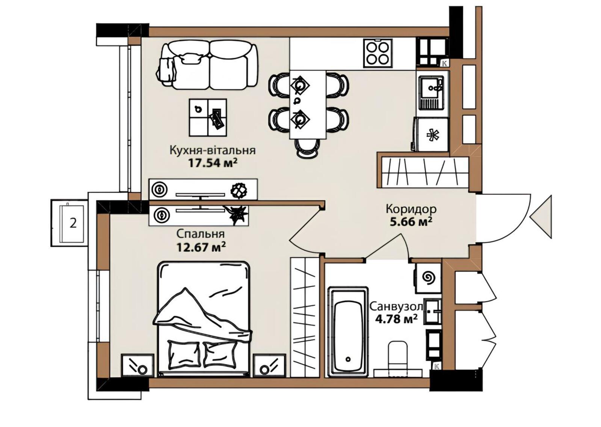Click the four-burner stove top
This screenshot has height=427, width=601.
pyautogui.click(x=378, y=53)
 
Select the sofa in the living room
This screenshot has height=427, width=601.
pyautogui.click(x=207, y=65)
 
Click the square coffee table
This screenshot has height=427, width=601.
pyautogui.click(x=208, y=117)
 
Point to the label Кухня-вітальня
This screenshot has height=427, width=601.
pyautogui.click(x=213, y=150)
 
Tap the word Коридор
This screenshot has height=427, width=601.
pyautogui.click(x=411, y=209)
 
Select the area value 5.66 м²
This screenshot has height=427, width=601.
pyautogui.click(x=411, y=221)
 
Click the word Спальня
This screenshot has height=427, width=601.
pyautogui.click(x=201, y=234)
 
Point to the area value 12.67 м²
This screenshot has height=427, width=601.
pyautogui.click(x=201, y=247)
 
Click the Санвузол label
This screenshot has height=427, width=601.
pyautogui.click(x=396, y=307)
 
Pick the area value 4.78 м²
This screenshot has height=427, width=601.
pyautogui.click(x=396, y=319)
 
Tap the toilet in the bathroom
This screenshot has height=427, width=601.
pyautogui.click(x=398, y=358)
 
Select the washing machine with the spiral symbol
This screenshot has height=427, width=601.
pyautogui.click(x=429, y=278)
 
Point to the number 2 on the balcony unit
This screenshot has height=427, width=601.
pyautogui.click(x=73, y=223)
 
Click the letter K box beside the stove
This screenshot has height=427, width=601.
pyautogui.click(x=445, y=63)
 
